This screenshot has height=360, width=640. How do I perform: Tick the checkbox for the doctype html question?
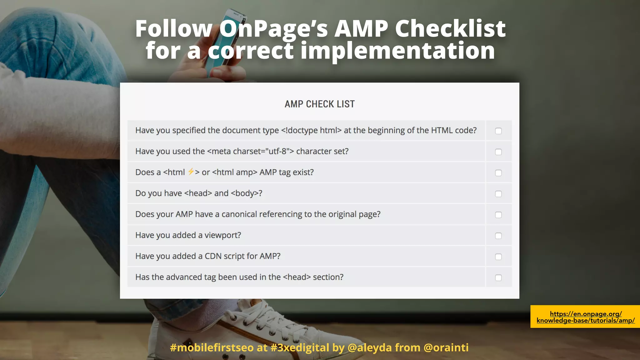pos(498,131)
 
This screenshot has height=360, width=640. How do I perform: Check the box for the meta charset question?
pos(498,152)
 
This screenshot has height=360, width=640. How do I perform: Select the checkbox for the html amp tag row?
pos(498,173)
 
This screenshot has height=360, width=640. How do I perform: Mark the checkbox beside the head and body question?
pos(498,194)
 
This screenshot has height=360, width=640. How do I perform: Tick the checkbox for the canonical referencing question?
pos(498,215)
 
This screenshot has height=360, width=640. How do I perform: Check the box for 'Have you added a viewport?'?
pos(498,236)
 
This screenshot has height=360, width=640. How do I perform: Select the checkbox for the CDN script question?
pos(498,257)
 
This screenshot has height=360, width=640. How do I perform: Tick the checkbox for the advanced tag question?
pos(498,277)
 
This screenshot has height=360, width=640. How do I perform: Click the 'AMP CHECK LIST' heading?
pos(319,104)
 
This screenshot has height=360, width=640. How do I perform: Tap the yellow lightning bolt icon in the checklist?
pos(191,172)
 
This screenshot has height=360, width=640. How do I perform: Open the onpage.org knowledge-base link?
pos(586,317)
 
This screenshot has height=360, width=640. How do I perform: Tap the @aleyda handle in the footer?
pos(369,347)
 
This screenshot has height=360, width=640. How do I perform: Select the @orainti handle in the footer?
pos(446,347)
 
